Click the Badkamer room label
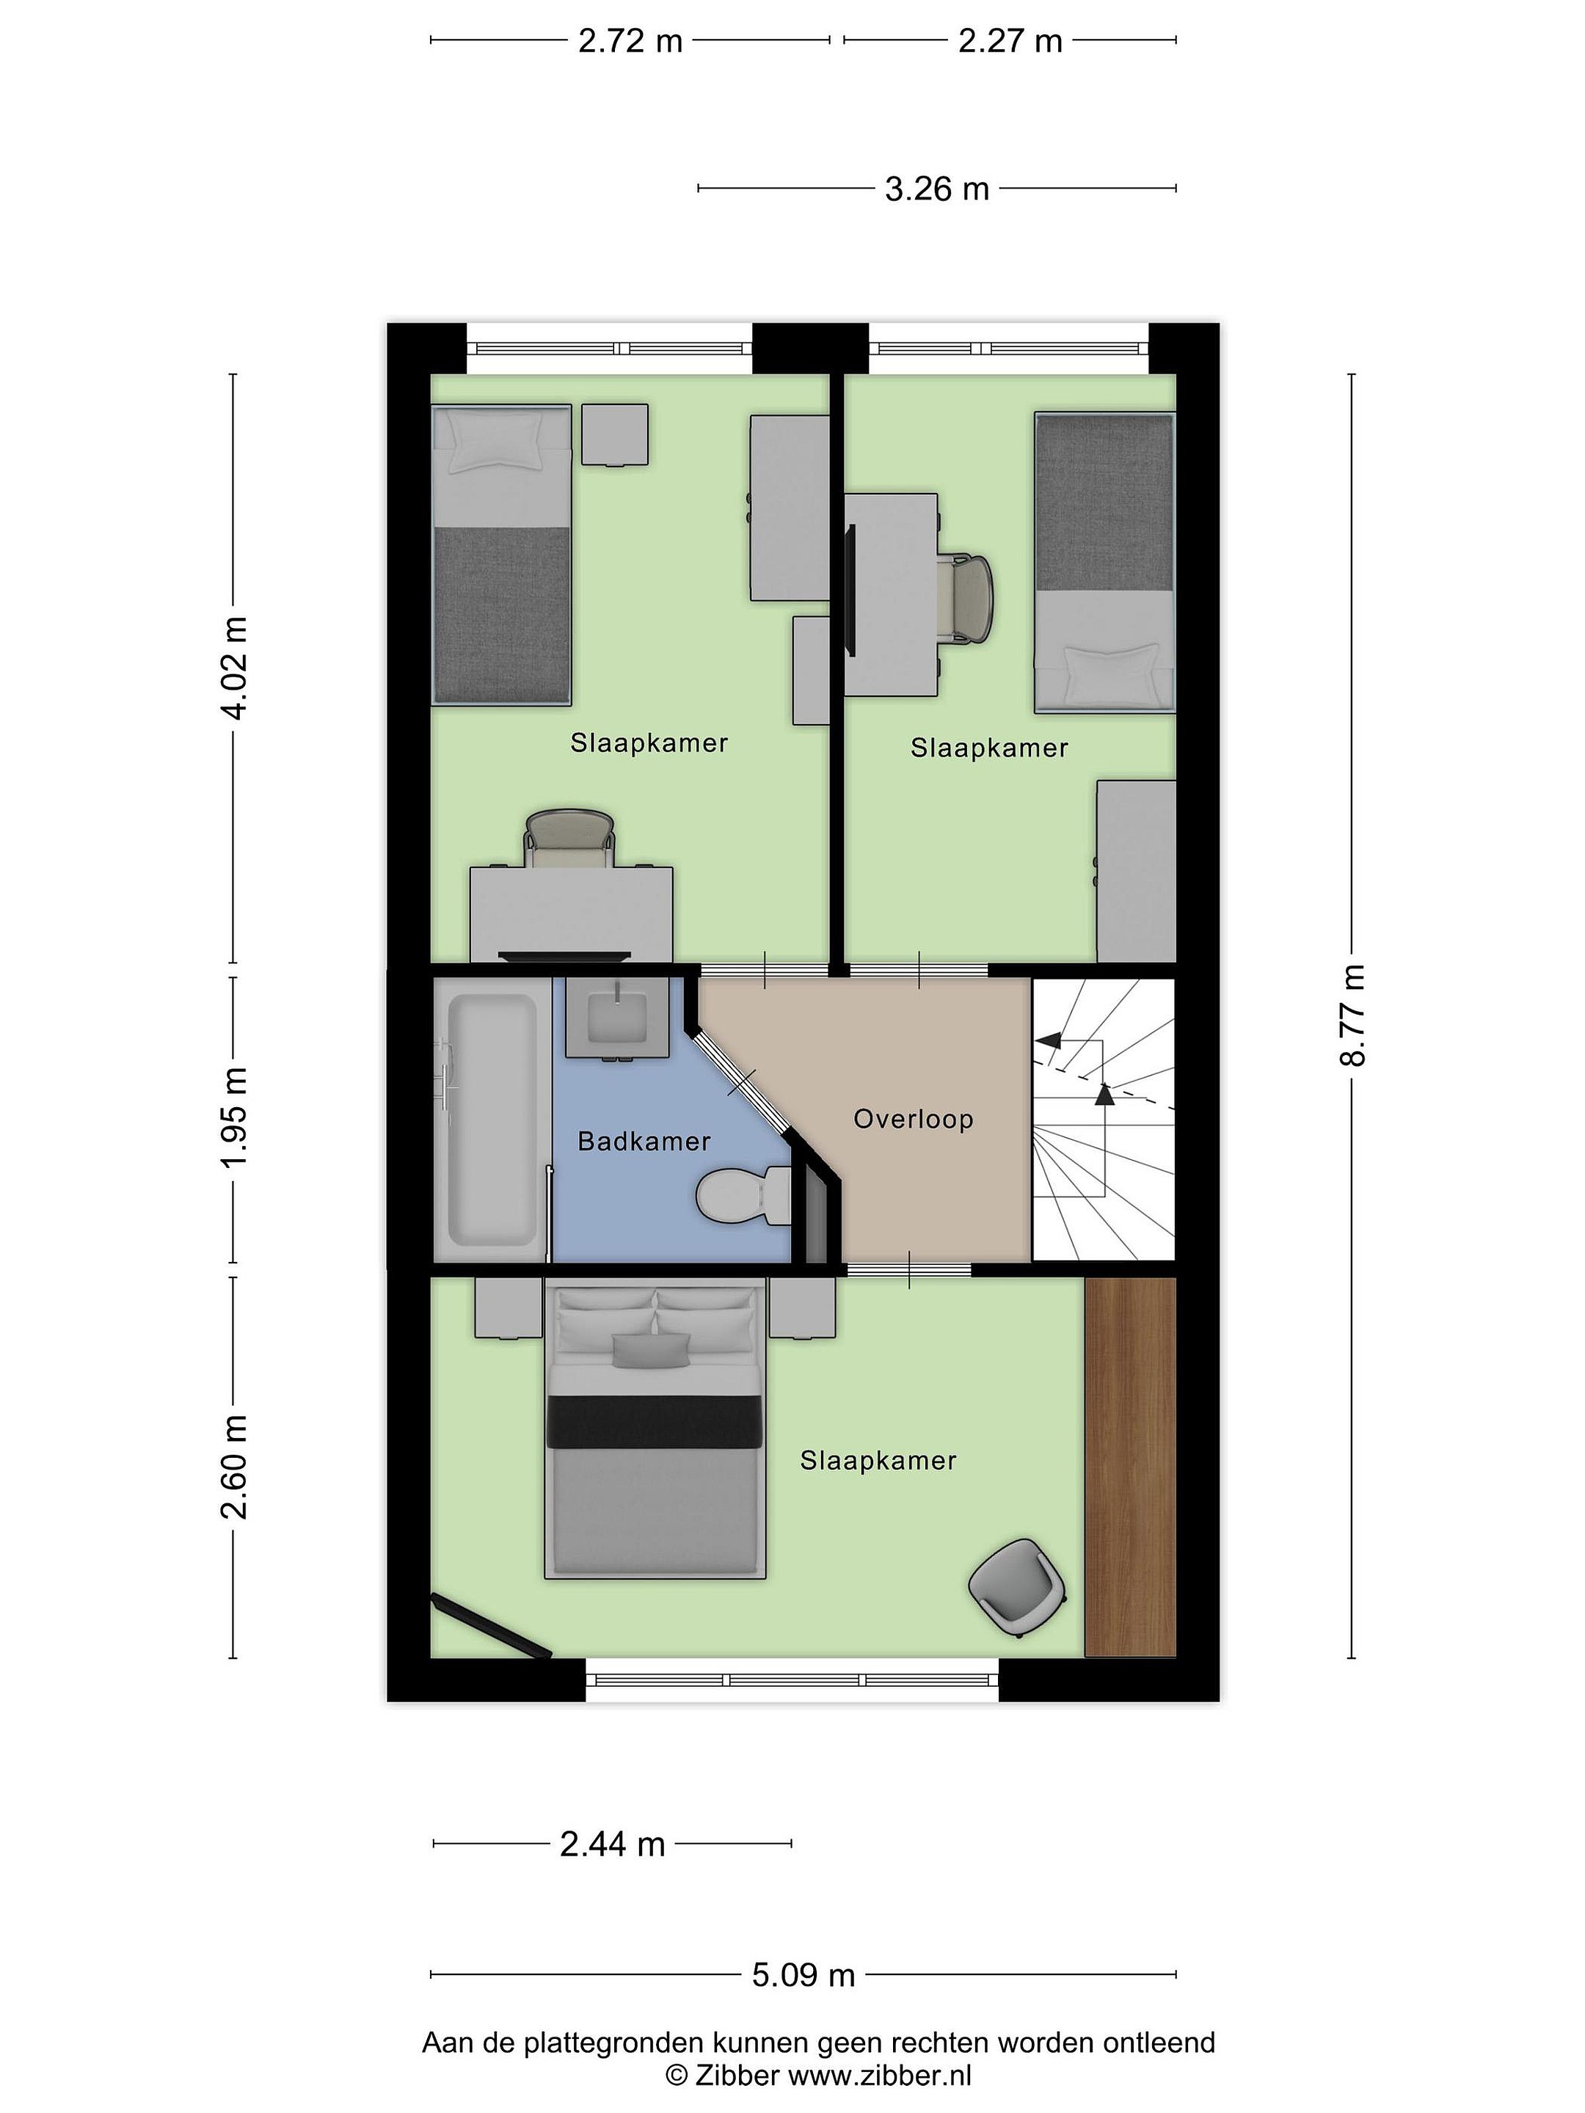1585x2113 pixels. point(644,1142)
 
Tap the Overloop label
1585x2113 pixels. point(914,1119)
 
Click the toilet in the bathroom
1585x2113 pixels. point(743,1196)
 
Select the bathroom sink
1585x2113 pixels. point(616,1018)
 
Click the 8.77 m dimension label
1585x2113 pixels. point(1353,1015)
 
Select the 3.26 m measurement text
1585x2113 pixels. point(936,189)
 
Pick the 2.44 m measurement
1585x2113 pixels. point(613,1844)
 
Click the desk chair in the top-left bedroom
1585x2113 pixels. point(569,838)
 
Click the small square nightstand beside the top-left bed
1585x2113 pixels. point(615,434)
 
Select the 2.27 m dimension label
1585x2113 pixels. point(1010,41)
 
